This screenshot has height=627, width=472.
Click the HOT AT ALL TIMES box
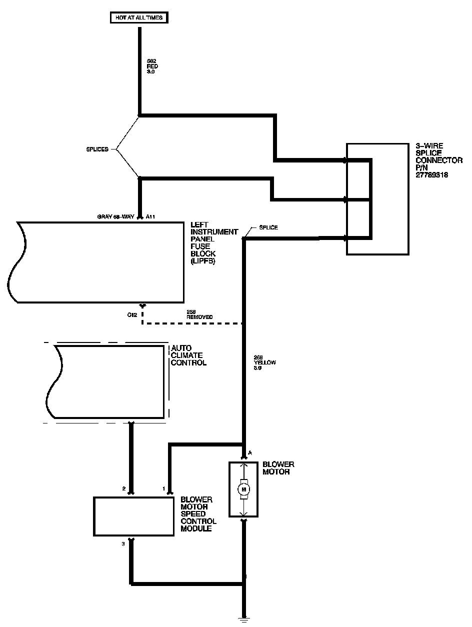(139, 18)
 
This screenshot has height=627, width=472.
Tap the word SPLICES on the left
(97, 149)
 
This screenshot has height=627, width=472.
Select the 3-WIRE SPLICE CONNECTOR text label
(439, 160)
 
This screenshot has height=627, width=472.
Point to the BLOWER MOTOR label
(278, 468)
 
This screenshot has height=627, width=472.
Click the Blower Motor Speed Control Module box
(134, 516)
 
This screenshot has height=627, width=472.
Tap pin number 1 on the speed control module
(163, 488)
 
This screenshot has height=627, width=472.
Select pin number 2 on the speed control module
(123, 488)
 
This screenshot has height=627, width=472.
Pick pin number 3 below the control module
(123, 544)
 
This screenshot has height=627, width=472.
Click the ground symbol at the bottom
(244, 620)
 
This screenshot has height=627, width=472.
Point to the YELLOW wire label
(265, 362)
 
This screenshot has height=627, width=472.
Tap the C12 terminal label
(131, 314)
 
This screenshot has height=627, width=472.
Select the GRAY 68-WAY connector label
(118, 217)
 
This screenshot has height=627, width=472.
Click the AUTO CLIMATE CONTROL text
(188, 355)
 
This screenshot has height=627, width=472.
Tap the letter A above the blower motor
(249, 453)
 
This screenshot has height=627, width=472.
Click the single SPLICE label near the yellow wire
(268, 227)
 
